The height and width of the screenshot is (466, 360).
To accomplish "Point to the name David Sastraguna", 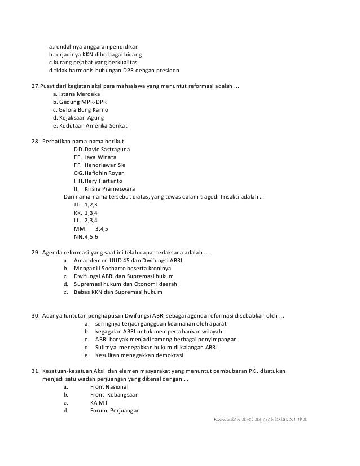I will (107, 149).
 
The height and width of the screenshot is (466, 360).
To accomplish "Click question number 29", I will (35, 252).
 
